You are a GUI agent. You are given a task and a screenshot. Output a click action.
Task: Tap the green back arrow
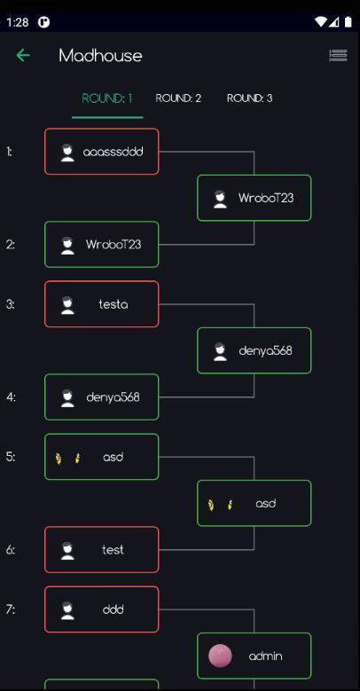(x=23, y=56)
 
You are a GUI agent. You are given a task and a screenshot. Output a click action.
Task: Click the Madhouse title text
(x=100, y=56)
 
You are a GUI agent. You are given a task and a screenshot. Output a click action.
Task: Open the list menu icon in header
(x=338, y=55)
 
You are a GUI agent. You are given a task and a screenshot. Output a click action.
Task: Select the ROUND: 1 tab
(x=107, y=98)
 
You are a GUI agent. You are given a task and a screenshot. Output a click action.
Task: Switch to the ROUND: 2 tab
(x=178, y=98)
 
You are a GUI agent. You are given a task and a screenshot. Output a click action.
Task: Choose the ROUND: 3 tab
(x=249, y=98)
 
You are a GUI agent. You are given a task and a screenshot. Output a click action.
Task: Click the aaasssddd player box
(x=102, y=152)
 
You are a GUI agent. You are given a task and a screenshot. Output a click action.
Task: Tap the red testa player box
(x=102, y=304)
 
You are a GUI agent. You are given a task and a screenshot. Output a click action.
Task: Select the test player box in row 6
(x=102, y=550)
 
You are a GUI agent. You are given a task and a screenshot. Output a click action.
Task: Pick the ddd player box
(x=102, y=609)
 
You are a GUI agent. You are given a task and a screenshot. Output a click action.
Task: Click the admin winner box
(x=254, y=656)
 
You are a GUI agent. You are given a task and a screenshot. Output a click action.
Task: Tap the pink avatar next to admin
(x=220, y=656)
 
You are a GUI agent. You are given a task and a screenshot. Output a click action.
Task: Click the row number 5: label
(x=11, y=457)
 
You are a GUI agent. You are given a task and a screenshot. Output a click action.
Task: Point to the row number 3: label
(x=11, y=304)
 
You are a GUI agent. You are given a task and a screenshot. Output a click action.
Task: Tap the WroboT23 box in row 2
(x=102, y=244)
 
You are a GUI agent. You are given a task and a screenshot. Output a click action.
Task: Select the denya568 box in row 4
(x=102, y=397)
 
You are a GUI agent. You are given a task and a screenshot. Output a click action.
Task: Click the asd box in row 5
(x=102, y=457)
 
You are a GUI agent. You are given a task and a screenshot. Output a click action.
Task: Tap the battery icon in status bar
(x=348, y=21)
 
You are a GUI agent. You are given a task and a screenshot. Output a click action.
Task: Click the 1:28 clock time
(x=18, y=22)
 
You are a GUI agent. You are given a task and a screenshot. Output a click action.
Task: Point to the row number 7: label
(x=11, y=609)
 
